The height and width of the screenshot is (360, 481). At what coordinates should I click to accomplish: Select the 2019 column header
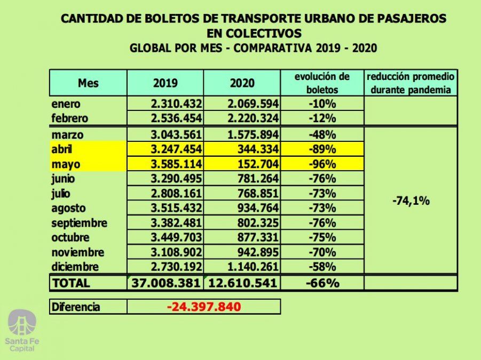165,84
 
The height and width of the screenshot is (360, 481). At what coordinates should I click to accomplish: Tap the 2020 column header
242,84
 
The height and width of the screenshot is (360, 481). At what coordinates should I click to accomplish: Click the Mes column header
88,84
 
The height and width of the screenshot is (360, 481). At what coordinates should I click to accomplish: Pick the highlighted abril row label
63,149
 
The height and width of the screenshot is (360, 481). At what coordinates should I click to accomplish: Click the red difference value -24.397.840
203,307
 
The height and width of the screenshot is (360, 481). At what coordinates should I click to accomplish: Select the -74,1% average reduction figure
411,201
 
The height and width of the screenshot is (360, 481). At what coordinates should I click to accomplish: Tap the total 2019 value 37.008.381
166,283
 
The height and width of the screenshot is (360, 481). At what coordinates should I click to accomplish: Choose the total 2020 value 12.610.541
243,283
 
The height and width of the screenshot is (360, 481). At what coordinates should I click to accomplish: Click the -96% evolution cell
322,164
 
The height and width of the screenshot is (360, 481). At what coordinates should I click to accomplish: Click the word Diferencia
76,307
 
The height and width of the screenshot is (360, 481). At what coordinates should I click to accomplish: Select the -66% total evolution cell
322,283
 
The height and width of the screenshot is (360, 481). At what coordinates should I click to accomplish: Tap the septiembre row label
80,223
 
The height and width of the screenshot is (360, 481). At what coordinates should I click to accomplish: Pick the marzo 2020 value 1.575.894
249,135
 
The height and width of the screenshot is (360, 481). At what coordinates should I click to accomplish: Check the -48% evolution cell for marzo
322,135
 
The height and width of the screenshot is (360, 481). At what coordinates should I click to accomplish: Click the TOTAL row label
71,283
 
